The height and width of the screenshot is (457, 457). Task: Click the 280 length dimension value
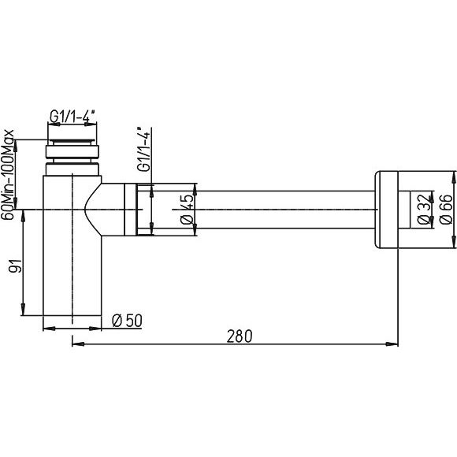coord(240,336)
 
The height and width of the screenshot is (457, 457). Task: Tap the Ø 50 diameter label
coord(127,321)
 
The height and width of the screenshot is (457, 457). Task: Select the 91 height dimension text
coord(15,266)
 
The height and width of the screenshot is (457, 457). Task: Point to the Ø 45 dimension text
coord(187,209)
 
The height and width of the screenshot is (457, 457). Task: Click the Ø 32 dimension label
coord(425,209)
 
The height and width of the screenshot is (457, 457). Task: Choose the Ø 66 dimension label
coord(446,209)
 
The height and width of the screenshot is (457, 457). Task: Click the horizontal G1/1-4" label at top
coord(72,116)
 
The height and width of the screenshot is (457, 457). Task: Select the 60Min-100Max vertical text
coord(7,175)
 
